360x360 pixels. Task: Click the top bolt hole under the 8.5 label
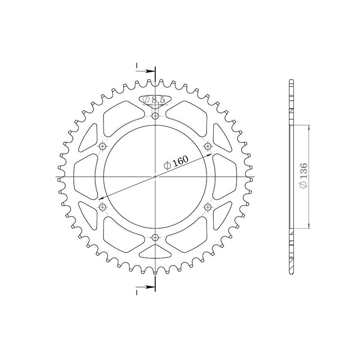pyautogui.click(x=155, y=117)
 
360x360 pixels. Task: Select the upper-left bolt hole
pyautogui.click(x=103, y=146)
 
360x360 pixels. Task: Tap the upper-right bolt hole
pyautogui.click(x=207, y=146)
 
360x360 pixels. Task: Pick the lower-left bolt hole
pyautogui.click(x=103, y=207)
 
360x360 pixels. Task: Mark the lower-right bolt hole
pyautogui.click(x=207, y=207)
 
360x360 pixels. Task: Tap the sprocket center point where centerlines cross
pyautogui.click(x=155, y=177)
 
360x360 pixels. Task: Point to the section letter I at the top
pyautogui.click(x=136, y=66)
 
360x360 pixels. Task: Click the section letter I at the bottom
pyautogui.click(x=136, y=292)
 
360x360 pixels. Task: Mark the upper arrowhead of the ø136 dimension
pyautogui.click(x=309, y=129)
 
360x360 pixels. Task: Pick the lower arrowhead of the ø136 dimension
pyautogui.click(x=309, y=226)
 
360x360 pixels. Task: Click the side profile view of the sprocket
pyautogui.click(x=292, y=177)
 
